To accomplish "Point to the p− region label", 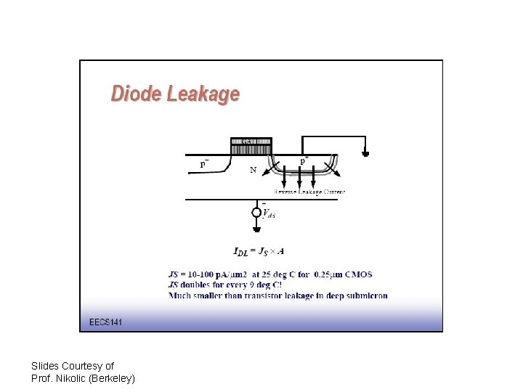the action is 205,163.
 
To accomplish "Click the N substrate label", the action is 253,171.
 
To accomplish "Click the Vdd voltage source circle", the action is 256,212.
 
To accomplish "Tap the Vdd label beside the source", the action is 269,213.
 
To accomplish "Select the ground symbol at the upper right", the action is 365,153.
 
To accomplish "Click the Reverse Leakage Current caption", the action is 309,192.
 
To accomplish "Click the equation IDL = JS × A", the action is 259,252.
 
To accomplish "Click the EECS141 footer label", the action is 105,322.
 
